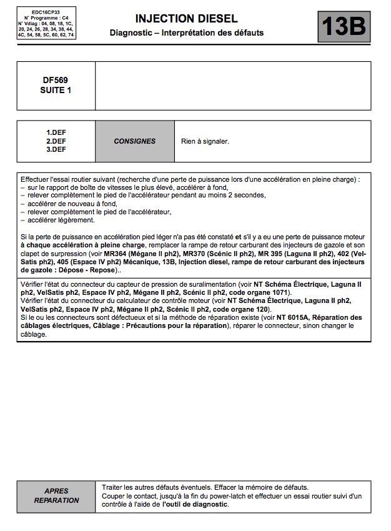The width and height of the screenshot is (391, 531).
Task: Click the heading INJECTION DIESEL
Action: pos(186,19)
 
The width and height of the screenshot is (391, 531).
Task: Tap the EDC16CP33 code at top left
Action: pos(46,12)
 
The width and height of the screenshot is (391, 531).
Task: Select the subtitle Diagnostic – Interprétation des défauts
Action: pos(186,32)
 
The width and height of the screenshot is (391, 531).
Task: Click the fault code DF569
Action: pos(56,80)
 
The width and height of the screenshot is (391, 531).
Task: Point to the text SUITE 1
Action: pos(56,90)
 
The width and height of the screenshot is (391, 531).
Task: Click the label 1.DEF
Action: pos(56,132)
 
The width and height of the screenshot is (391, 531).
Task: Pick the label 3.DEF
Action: pos(56,149)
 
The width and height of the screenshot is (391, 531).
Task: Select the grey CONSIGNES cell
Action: pos(134,141)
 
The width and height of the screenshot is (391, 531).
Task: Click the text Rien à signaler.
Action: pos(205,141)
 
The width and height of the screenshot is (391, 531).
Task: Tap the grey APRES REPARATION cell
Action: pos(56,495)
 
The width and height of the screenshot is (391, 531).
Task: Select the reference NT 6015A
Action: pos(280,318)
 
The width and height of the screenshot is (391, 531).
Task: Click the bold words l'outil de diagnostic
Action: pos(195,504)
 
